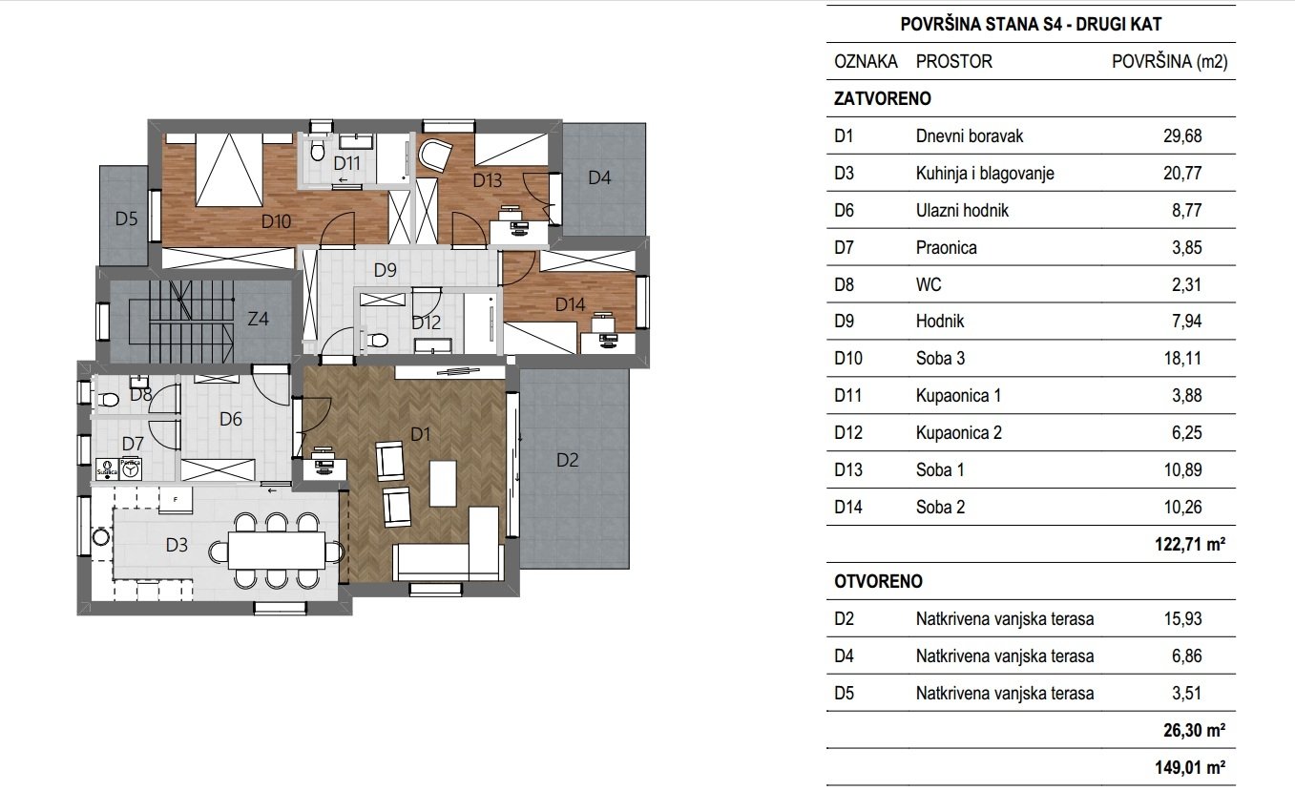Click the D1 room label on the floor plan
(421, 434)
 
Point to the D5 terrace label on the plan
(127, 219)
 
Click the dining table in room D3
(276, 551)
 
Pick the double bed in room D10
(229, 170)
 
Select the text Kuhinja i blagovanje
(985, 174)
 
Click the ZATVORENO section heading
(882, 98)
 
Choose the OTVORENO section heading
(877, 581)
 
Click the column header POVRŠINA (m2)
(1169, 62)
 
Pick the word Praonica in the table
(946, 248)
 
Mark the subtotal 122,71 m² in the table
(1187, 545)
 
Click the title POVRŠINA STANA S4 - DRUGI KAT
(1031, 26)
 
